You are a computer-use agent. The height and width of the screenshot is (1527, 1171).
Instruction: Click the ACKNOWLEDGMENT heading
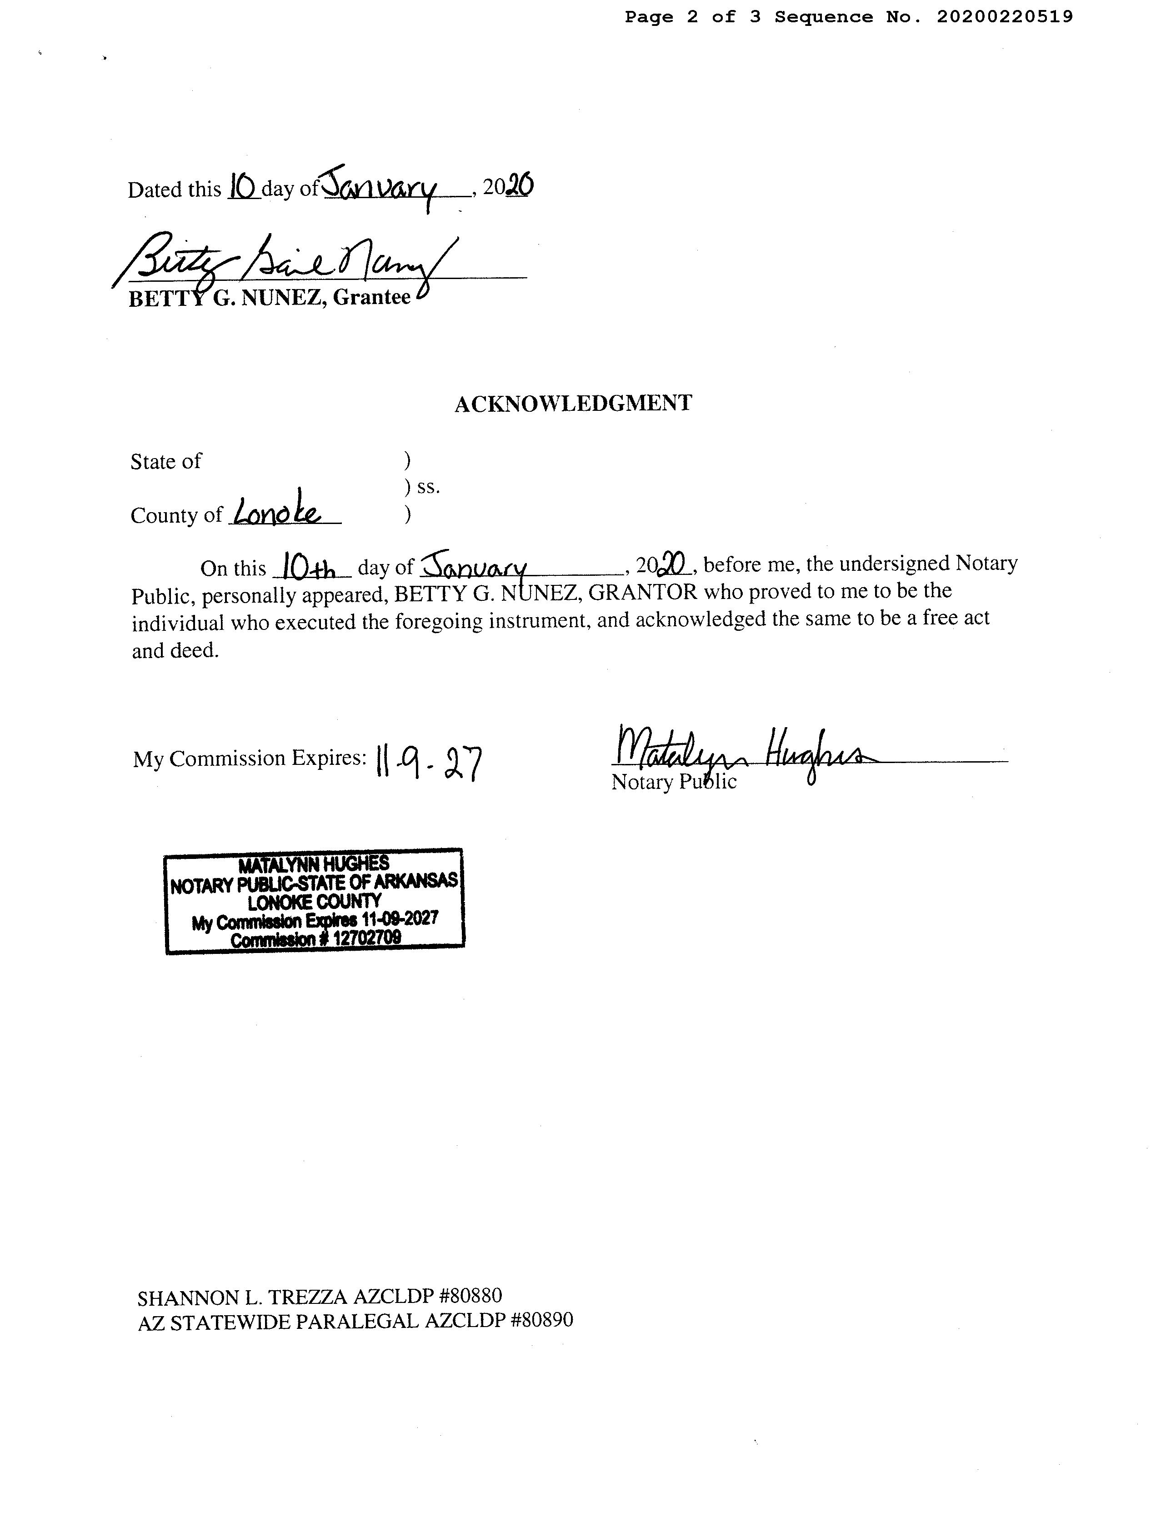573,404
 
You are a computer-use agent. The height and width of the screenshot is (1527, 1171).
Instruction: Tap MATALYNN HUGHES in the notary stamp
314,865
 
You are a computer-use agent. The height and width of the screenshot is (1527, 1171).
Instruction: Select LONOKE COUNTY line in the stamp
315,902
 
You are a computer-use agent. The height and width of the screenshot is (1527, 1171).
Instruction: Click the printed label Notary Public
673,782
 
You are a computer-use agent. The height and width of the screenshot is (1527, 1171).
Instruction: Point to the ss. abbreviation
428,487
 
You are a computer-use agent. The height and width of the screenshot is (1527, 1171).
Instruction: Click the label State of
166,461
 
